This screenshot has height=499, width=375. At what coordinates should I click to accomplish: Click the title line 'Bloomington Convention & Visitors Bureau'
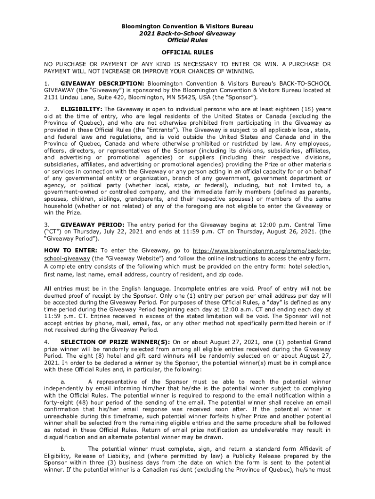pyautogui.click(x=187, y=25)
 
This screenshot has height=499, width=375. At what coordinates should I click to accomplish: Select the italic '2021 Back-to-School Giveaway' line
pyautogui.click(x=187, y=34)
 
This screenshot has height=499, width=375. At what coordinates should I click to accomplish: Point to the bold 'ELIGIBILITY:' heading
pyautogui.click(x=81, y=109)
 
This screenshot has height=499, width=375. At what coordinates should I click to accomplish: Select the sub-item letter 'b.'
pyautogui.click(x=62, y=449)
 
